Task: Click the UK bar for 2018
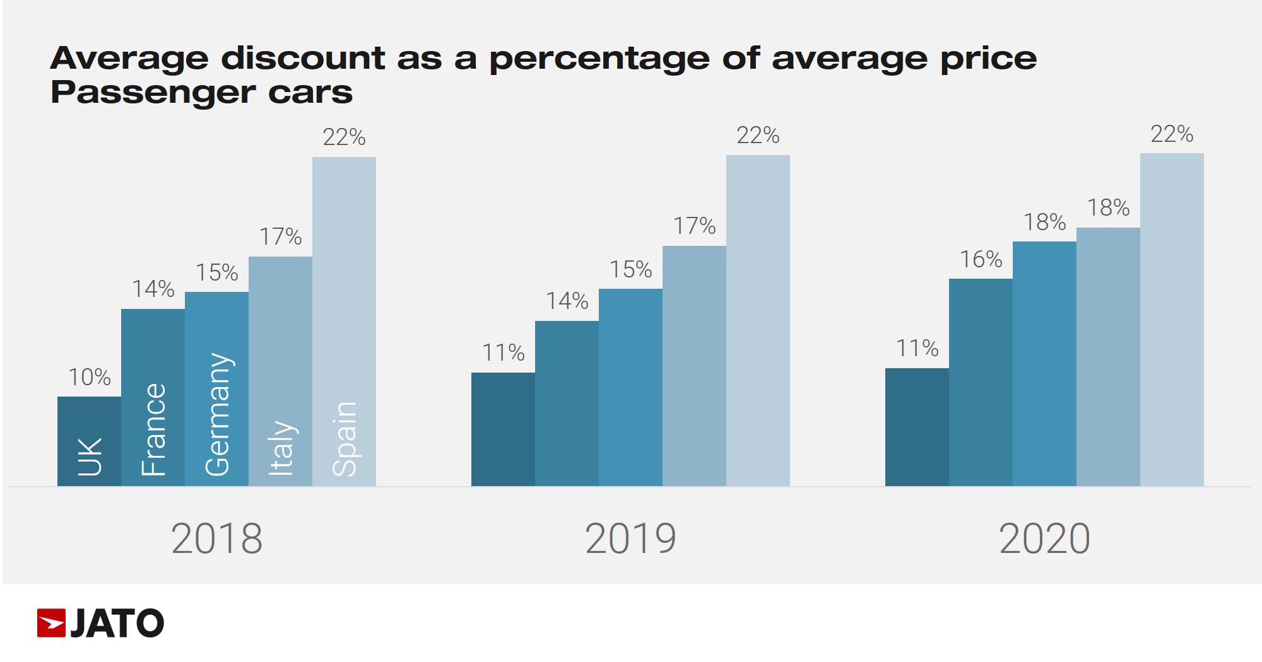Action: pyautogui.click(x=89, y=441)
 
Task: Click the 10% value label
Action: pyautogui.click(x=89, y=377)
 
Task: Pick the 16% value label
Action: pyautogui.click(x=981, y=259)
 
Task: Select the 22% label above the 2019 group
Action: pyautogui.click(x=758, y=136)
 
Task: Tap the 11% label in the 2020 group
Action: pyautogui.click(x=917, y=348)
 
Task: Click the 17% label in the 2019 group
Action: pyautogui.click(x=694, y=226)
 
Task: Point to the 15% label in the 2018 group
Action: pyautogui.click(x=216, y=272)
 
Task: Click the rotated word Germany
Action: pyautogui.click(x=218, y=414)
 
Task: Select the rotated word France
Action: pyautogui.click(x=153, y=429)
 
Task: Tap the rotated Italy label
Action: pyautogui.click(x=281, y=447)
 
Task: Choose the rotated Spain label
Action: pyautogui.click(x=345, y=439)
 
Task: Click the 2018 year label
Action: pyautogui.click(x=216, y=539)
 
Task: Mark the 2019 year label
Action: pyautogui.click(x=630, y=539)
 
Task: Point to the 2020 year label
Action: pyautogui.click(x=1044, y=539)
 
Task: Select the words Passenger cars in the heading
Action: pyautogui.click(x=201, y=93)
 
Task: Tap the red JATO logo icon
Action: pyautogui.click(x=51, y=623)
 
